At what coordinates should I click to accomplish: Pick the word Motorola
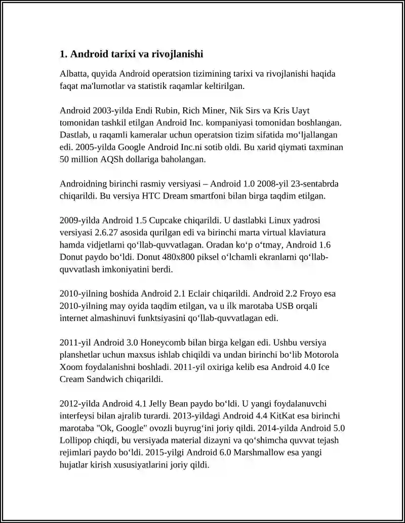pyautogui.click(x=321, y=354)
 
